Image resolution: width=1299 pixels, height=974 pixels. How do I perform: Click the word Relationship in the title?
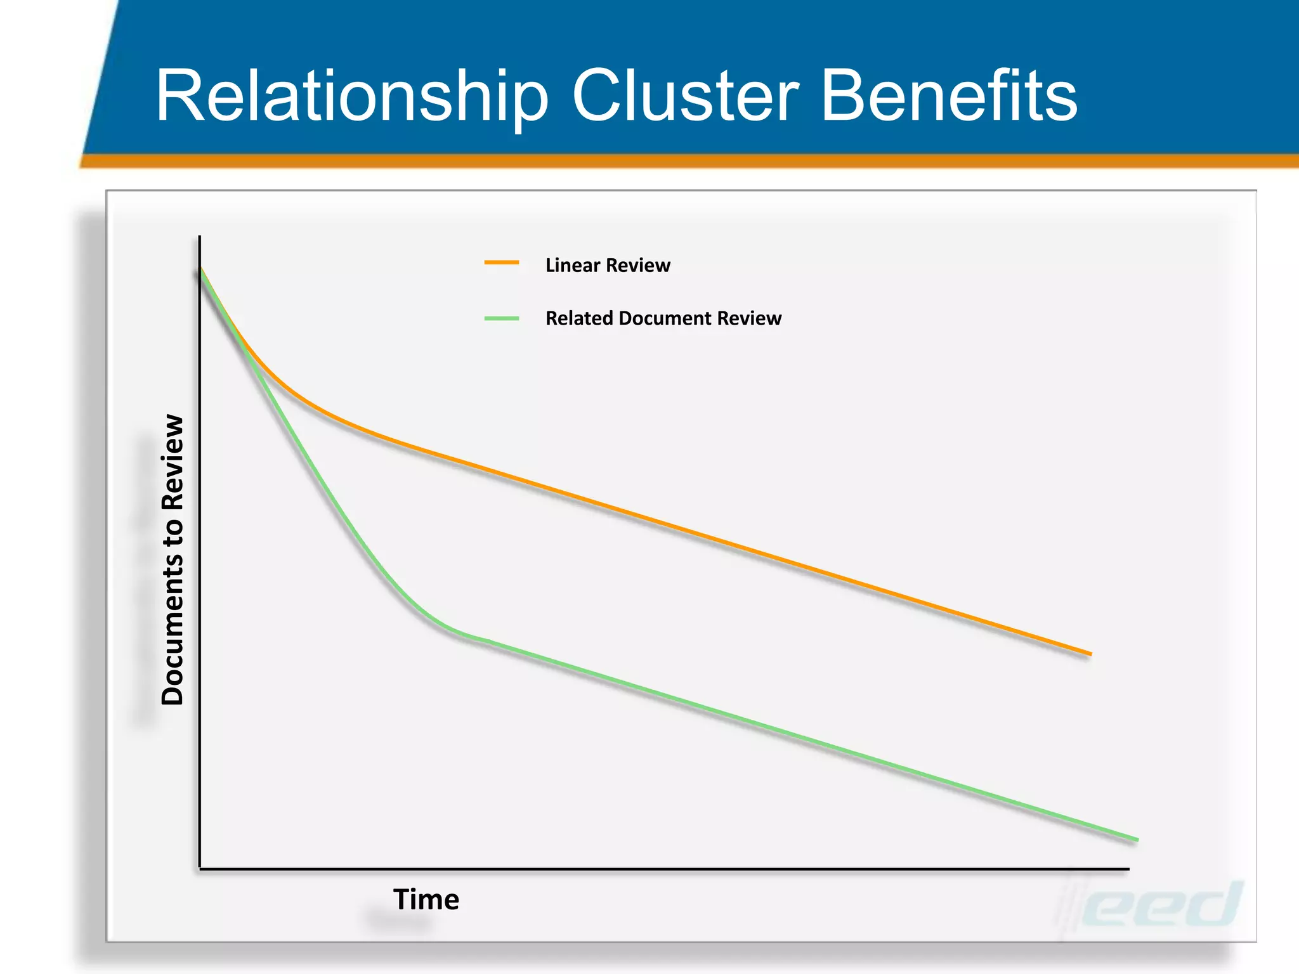pyautogui.click(x=352, y=96)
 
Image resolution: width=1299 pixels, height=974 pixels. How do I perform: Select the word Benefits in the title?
pyautogui.click(x=949, y=96)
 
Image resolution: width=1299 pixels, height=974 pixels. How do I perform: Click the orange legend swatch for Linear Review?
pyautogui.click(x=502, y=263)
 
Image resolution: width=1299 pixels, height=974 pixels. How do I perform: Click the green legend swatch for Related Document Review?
pyautogui.click(x=502, y=318)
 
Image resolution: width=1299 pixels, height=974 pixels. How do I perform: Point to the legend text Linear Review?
pyautogui.click(x=607, y=265)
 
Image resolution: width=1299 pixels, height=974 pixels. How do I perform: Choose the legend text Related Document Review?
pyautogui.click(x=663, y=318)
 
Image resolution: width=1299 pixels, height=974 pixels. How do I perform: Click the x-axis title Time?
pyautogui.click(x=426, y=899)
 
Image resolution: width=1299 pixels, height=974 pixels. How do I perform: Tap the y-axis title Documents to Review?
pyautogui.click(x=173, y=559)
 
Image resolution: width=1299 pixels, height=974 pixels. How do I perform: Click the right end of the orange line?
pyautogui.click(x=1090, y=653)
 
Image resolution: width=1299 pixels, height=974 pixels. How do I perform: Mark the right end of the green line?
pyautogui.click(x=1137, y=840)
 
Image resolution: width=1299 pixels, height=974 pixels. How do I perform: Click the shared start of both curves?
pyautogui.click(x=201, y=269)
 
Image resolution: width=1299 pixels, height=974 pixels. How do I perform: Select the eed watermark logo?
pyautogui.click(x=1161, y=906)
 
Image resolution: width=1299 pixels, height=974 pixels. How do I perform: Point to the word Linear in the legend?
pyautogui.click(x=571, y=265)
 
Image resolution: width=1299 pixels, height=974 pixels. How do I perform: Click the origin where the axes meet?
pyautogui.click(x=200, y=868)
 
